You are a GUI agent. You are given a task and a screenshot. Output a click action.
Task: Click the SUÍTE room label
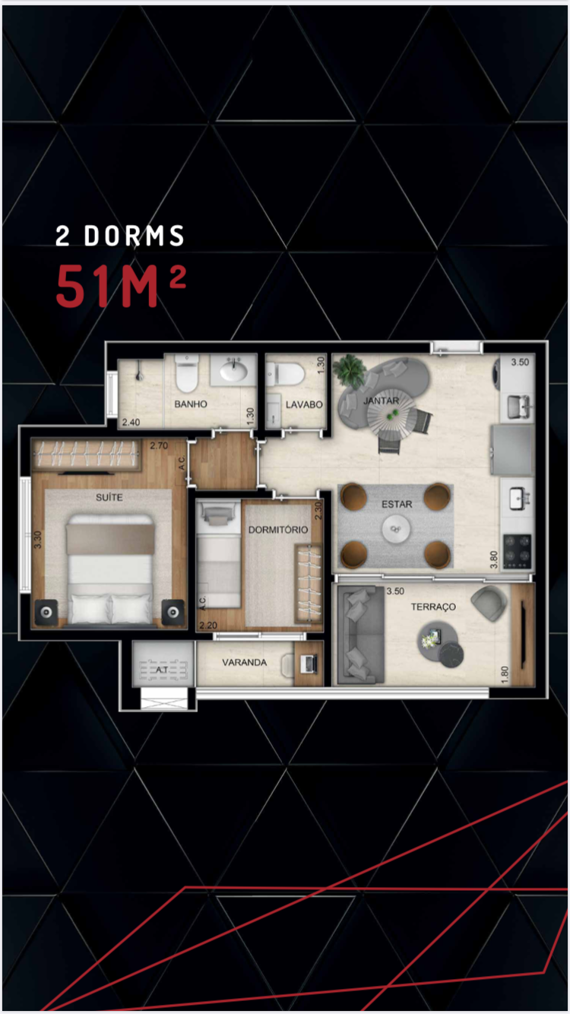[x=109, y=497]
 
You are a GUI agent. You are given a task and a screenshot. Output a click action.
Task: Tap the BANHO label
[x=191, y=404]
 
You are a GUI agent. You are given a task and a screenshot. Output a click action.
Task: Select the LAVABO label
[x=304, y=404]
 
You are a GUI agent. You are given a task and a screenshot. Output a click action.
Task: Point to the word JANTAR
[x=382, y=401]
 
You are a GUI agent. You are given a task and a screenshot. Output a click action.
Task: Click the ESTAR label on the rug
[x=397, y=504]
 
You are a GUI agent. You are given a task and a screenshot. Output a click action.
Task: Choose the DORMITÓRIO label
[x=278, y=530]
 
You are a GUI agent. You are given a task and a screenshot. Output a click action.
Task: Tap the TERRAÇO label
[x=433, y=607]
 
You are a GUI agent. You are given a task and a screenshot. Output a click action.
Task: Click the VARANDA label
[x=244, y=662]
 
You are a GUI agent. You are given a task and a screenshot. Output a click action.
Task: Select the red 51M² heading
[x=121, y=285]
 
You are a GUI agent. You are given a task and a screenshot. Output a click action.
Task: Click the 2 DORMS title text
[x=120, y=236]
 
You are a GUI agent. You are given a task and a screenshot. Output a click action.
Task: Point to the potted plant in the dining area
[x=349, y=370]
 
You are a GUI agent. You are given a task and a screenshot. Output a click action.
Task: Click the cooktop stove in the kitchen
[x=517, y=551]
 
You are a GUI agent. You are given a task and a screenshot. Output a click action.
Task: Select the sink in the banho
[x=233, y=370]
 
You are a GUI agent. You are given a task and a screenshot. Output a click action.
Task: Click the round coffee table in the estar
[x=396, y=529]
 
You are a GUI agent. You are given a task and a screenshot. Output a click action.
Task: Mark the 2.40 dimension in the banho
[x=131, y=423]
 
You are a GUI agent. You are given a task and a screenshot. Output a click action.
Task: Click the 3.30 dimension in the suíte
[x=37, y=540]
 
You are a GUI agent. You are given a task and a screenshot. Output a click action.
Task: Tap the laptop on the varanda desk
[x=309, y=664]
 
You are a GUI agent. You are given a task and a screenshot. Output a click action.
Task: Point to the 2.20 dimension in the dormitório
[x=208, y=625]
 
